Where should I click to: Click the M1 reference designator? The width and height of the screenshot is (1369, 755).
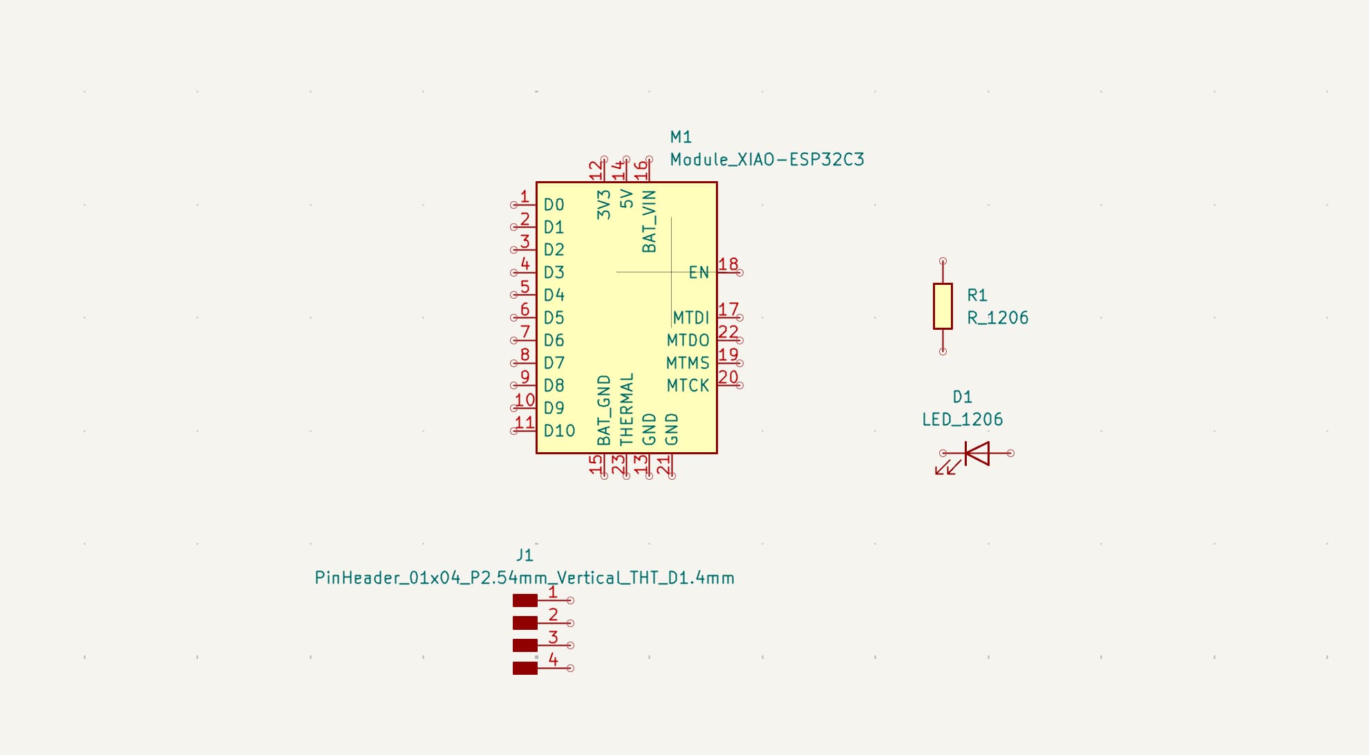coord(681,137)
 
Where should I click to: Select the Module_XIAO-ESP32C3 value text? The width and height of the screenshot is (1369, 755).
coord(766,160)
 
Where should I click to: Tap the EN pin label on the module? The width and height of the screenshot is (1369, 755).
coord(699,272)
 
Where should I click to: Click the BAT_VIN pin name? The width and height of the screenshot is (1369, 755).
coord(649,221)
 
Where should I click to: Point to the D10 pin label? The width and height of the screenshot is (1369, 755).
coord(559,431)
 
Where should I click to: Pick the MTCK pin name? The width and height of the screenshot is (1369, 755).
coord(688,386)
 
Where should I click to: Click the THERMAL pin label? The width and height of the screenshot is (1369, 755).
coord(626,409)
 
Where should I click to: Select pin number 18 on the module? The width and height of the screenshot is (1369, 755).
coord(728,264)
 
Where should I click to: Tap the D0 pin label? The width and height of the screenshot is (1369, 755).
coord(554,205)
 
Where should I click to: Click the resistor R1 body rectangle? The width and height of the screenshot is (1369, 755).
coord(943,306)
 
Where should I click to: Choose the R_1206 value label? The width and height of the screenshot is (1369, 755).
coord(997,318)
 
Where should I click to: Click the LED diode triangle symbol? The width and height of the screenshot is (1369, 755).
coord(977,454)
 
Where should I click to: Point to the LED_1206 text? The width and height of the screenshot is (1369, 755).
coord(962,420)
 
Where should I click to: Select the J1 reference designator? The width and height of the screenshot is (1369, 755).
coord(525,555)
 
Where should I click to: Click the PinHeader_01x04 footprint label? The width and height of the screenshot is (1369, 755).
coord(525,578)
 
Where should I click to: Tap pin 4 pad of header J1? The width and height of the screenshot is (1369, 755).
coord(525,668)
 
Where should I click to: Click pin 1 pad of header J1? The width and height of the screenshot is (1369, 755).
coord(525,601)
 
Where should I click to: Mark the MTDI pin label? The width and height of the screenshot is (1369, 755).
coord(690,317)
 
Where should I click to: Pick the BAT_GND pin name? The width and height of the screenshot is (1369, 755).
coord(603,410)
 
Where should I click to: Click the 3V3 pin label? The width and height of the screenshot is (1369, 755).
coord(603,205)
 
